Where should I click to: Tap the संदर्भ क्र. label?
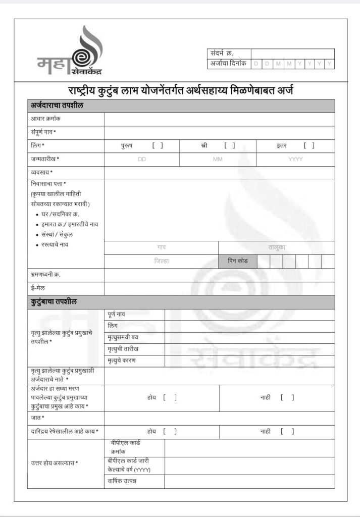click(x=222, y=54)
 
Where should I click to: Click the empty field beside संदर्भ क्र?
click(x=292, y=54)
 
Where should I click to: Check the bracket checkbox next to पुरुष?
click(x=158, y=146)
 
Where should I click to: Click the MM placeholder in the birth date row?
click(x=218, y=159)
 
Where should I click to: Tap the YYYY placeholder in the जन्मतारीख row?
click(x=295, y=159)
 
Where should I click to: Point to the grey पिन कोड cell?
click(x=237, y=262)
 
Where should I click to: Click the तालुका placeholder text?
click(x=277, y=248)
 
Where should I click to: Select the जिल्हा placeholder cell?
click(x=162, y=262)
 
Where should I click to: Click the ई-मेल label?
click(x=39, y=288)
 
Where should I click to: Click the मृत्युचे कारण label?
click(x=121, y=360)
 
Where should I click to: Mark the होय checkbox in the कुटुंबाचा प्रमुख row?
click(x=170, y=397)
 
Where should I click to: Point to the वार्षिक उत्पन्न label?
click(x=122, y=481)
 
